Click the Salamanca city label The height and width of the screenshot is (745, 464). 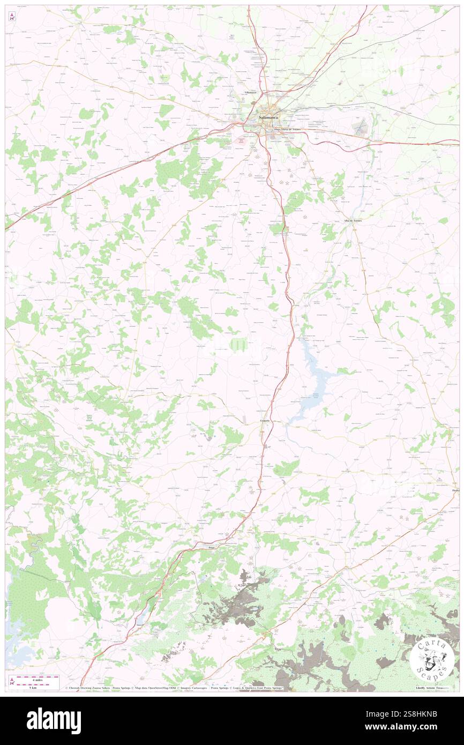[268, 117]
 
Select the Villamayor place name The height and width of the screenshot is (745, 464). [250, 93]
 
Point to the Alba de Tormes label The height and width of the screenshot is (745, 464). [353, 221]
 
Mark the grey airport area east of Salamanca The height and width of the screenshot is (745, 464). [361, 127]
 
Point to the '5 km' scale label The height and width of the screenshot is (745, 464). [38, 687]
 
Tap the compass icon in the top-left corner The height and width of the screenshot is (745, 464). [12, 16]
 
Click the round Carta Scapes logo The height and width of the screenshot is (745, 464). [432, 658]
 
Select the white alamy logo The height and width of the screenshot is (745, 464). [54, 720]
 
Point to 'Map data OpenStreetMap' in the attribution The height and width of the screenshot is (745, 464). [151, 688]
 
